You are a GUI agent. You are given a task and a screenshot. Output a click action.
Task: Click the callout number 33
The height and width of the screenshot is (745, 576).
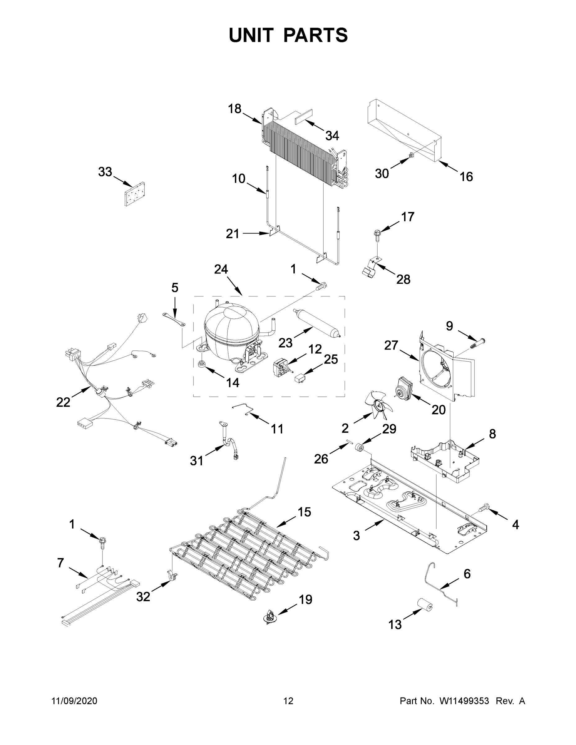point(105,172)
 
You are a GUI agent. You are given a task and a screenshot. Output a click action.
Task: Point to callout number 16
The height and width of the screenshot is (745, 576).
point(466,177)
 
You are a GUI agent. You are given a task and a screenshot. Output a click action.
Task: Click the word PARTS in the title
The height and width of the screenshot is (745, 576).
point(316,35)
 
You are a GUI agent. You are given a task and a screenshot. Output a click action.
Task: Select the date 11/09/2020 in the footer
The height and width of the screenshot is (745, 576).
point(75,701)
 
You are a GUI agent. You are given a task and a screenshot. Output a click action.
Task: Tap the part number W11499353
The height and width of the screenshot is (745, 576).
point(464,701)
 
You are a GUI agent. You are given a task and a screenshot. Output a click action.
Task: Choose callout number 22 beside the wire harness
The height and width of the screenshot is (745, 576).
point(63,403)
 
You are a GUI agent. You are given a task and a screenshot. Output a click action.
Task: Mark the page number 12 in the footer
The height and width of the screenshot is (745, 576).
point(288,701)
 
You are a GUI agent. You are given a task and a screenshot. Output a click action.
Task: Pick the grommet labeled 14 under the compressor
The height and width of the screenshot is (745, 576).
point(202,364)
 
